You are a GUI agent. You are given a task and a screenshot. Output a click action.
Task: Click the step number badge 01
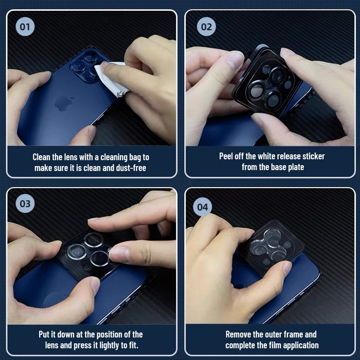pos(25,27)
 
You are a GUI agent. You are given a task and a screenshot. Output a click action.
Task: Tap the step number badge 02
pos(206,27)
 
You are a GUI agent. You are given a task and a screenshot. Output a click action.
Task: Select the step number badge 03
pos(25,203)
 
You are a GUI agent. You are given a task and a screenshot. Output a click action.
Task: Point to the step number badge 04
pos(202,207)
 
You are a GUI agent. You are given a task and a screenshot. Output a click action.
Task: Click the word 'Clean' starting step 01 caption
pos(41,157)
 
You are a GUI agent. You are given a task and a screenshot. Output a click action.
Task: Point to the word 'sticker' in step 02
pos(313,156)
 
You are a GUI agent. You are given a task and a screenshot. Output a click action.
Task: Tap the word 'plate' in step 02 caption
pos(296,167)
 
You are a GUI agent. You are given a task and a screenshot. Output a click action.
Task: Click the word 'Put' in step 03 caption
pos(44,334)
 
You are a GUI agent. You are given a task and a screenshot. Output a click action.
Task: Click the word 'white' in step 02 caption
pos(266,156)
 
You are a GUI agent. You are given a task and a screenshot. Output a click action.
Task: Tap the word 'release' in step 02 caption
pos(288,156)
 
